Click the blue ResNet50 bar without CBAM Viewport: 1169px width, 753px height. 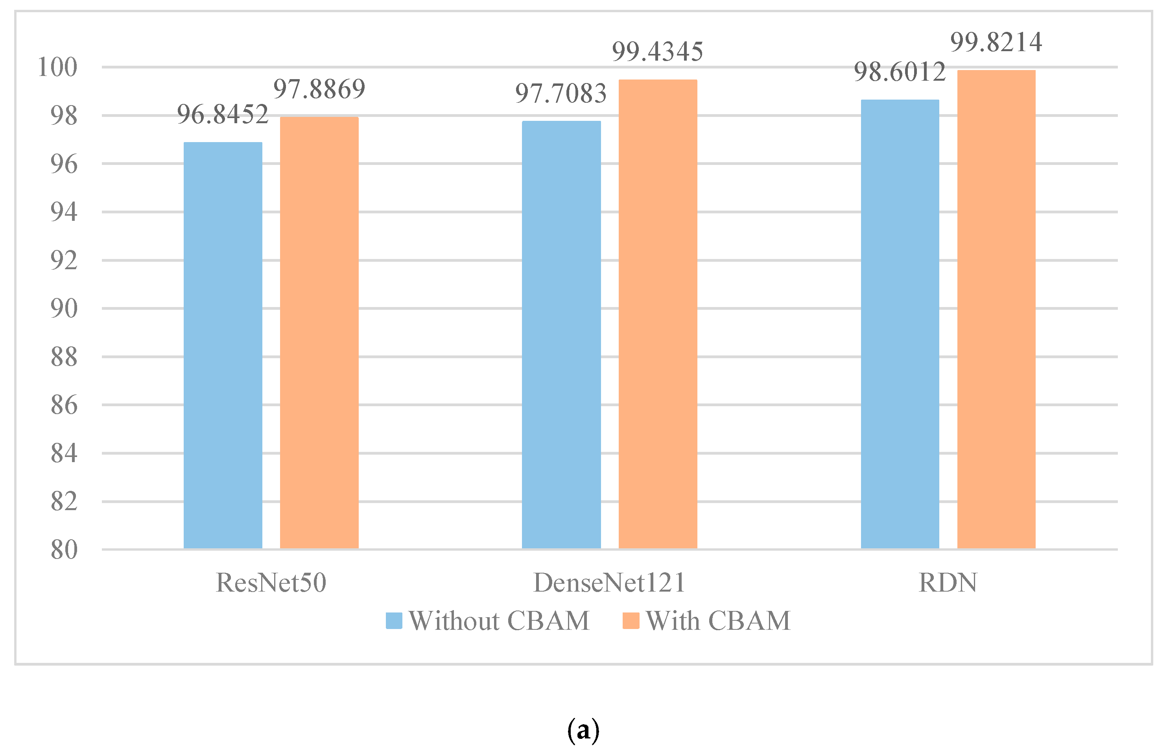(223, 345)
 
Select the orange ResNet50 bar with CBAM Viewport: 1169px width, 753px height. (319, 333)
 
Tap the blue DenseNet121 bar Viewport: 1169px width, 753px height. (561, 335)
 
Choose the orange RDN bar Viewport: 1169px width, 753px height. (996, 309)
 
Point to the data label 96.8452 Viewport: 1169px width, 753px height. (223, 115)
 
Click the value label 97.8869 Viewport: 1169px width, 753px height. (319, 89)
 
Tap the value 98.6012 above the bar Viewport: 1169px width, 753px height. (900, 72)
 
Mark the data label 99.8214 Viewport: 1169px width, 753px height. (996, 42)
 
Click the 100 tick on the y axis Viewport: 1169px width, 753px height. (58, 67)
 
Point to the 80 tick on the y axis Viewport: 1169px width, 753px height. (64, 549)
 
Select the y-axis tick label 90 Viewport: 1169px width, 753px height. (64, 309)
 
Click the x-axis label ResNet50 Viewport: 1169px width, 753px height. (271, 582)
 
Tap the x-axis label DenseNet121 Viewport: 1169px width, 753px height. (609, 582)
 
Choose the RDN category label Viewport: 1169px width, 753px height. (948, 582)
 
